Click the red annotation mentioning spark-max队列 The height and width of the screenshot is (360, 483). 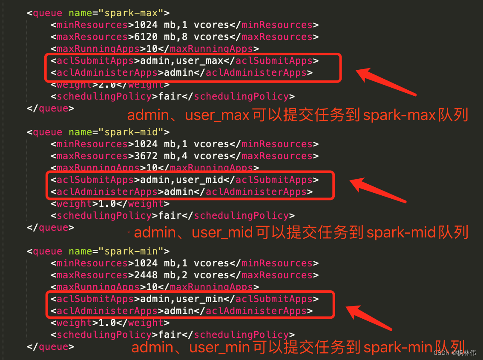pyautogui.click(x=297, y=115)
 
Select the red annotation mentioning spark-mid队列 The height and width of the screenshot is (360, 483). pyautogui.click(x=301, y=233)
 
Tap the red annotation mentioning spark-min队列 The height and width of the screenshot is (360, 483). pyautogui.click(x=297, y=347)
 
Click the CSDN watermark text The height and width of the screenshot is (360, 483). pyautogui.click(x=454, y=353)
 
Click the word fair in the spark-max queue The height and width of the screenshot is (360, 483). pyautogui.click(x=170, y=97)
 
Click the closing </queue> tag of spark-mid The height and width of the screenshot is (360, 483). pyautogui.click(x=51, y=228)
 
